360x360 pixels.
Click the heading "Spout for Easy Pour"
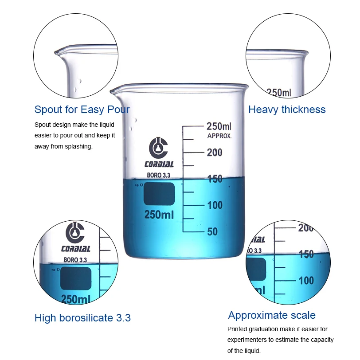(82, 110)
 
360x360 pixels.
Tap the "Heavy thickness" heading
(287, 110)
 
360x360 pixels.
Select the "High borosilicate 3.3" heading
(82, 318)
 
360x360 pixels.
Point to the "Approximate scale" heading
(272, 315)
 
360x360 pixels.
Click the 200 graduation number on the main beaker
(215, 153)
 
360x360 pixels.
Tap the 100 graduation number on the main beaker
(215, 205)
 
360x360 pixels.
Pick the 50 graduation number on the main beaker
(212, 231)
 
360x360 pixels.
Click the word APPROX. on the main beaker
(219, 136)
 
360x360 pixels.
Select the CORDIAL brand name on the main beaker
(159, 164)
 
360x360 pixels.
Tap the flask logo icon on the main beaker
(158, 147)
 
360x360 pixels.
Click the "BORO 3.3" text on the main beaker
(158, 176)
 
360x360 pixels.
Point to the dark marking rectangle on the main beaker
(159, 194)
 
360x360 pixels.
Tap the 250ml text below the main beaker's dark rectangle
(159, 215)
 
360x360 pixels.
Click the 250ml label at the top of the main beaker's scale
(219, 126)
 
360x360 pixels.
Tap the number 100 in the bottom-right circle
(306, 281)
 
